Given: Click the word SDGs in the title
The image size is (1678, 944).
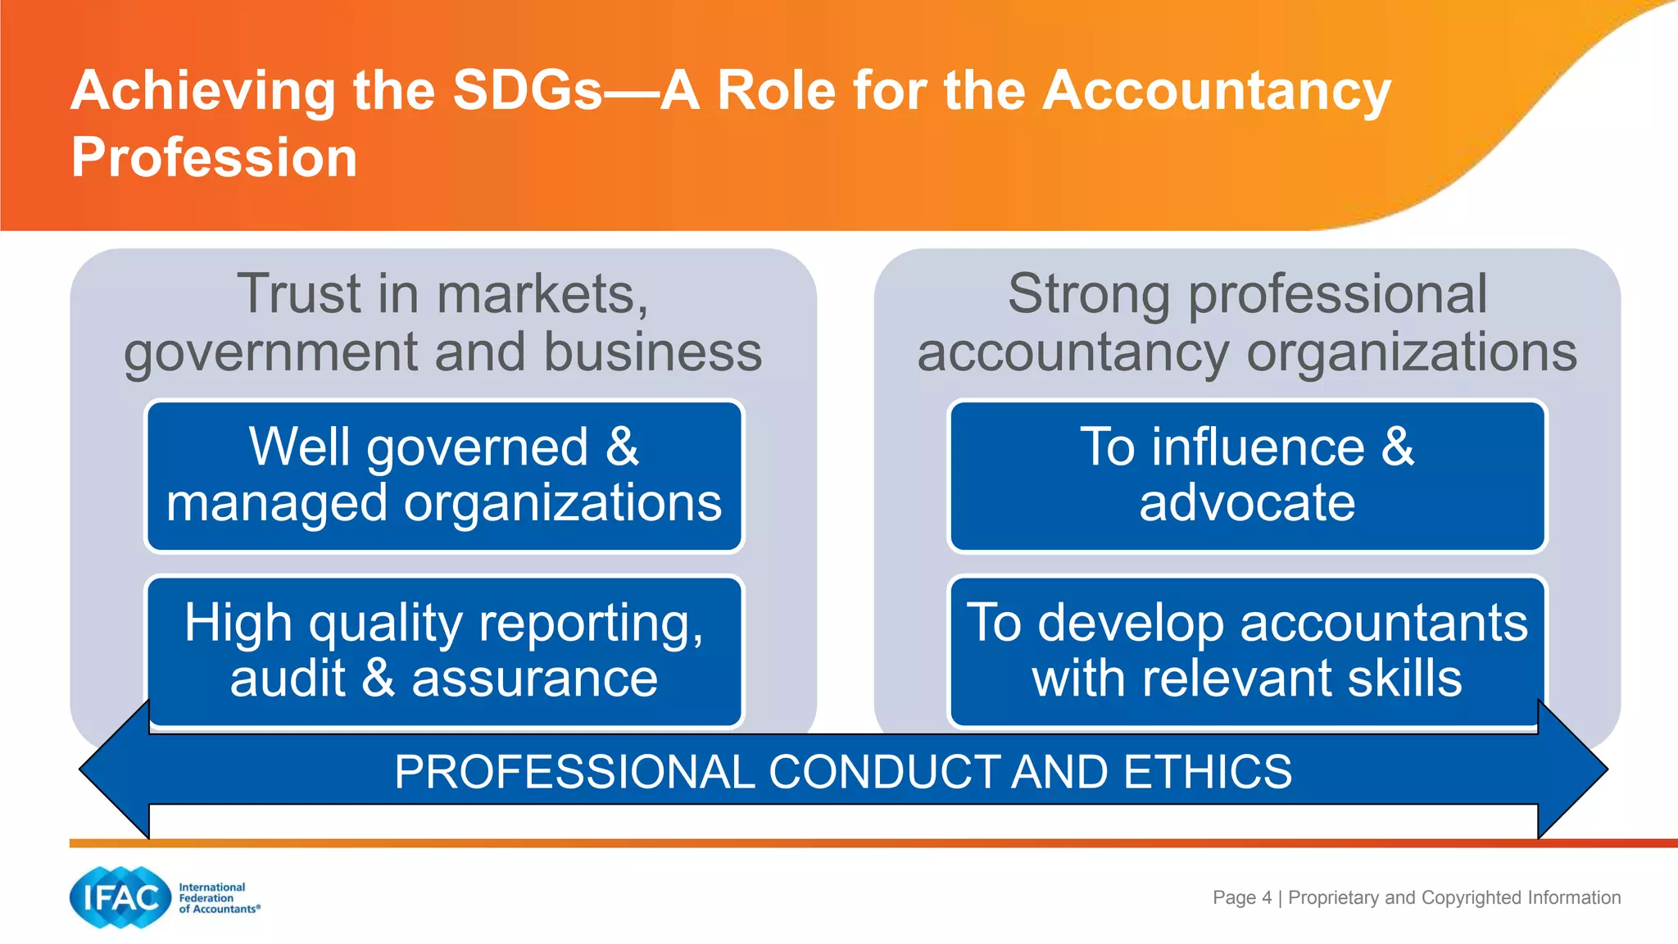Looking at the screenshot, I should coord(527,90).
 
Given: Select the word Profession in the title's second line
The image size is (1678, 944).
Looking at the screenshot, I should coord(215,157).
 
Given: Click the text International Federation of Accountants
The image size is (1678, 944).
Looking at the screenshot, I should coord(218,898).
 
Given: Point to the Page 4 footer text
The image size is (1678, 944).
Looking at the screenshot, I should coord(1242,897).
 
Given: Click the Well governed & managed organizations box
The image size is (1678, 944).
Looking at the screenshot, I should coord(444,475).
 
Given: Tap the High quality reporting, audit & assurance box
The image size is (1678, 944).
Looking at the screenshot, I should coord(444,651).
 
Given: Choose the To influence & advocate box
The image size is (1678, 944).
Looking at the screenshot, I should coord(1247,475).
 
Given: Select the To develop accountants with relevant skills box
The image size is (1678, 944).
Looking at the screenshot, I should coord(1247,651).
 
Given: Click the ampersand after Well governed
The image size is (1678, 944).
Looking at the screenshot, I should coord(623,447).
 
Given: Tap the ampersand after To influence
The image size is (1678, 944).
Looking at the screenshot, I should coord(1398,447).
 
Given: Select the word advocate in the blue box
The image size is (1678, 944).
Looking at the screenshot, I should coord(1247,502).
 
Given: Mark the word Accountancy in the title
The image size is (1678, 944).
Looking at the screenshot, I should coord(1217,90).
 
